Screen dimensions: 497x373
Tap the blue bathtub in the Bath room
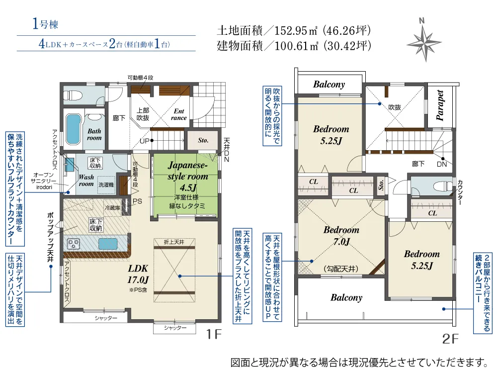pos(73,129)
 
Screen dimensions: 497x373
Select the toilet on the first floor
pos(73,95)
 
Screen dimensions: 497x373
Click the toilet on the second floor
pos(442,185)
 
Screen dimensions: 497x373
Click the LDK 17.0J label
pos(138,274)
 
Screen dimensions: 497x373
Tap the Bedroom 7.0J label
pos(341,235)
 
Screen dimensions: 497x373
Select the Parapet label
pos(440,105)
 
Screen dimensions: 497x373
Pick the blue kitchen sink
pos(108,244)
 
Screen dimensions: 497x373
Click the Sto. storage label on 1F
pos(203,140)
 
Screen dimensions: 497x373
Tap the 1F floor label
pos(214,334)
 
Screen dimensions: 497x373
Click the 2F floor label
pos(450,339)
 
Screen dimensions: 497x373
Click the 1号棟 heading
pos(45,24)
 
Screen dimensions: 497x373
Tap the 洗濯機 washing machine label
pos(106,185)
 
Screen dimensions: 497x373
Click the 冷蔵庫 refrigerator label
pos(112,208)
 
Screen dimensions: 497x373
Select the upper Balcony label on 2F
pos(329,85)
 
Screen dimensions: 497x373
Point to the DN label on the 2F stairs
pos(442,164)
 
